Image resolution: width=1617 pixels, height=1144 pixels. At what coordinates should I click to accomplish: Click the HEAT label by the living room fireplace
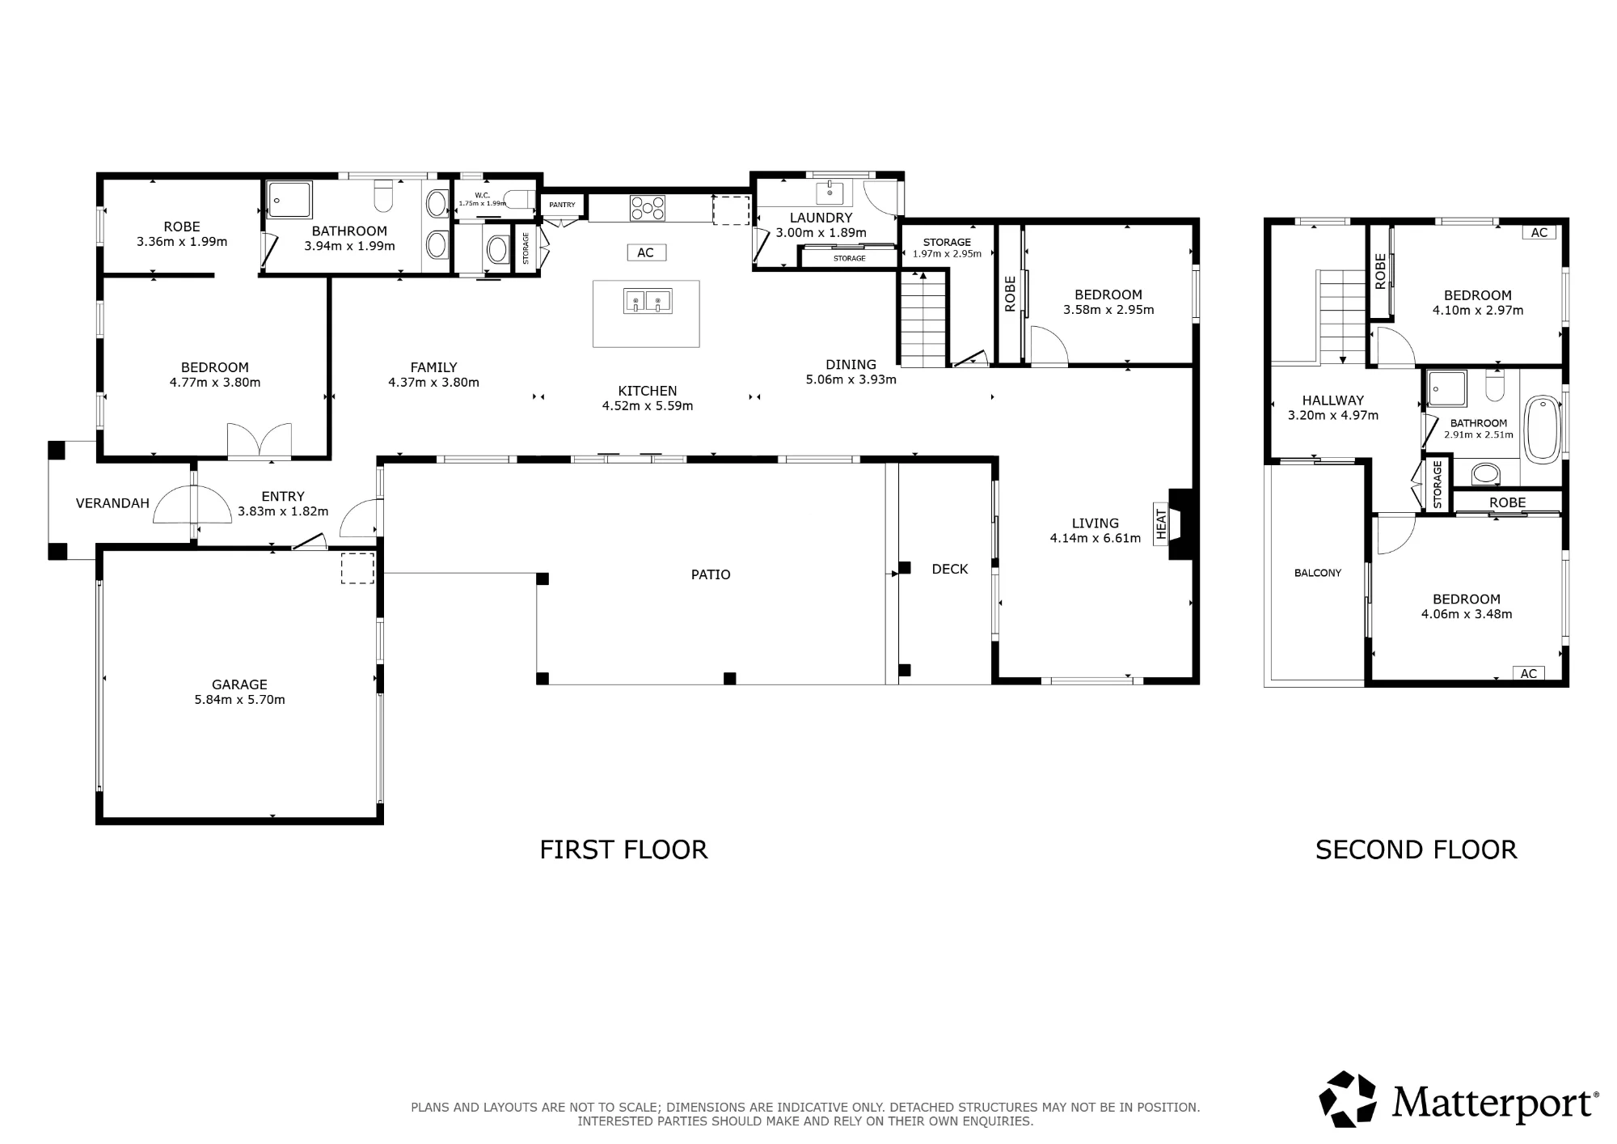[x=1162, y=523]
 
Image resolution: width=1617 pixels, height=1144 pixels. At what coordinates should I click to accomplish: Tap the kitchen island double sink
[x=648, y=301]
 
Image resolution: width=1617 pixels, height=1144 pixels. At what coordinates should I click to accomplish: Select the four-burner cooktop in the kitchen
[x=648, y=208]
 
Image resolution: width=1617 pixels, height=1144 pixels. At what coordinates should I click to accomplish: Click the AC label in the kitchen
[x=645, y=252]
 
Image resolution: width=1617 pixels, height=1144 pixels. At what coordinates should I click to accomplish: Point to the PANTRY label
[x=562, y=205]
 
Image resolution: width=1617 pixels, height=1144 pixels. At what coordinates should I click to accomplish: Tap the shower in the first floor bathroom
[x=289, y=199]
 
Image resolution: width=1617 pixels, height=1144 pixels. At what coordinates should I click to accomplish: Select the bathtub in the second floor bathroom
[x=1542, y=430]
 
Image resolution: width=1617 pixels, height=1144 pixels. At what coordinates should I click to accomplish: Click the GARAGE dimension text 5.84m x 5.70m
[x=239, y=700]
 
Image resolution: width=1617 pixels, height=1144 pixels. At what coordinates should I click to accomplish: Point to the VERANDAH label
[x=112, y=503]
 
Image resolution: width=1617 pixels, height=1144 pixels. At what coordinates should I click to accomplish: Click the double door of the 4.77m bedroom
[x=259, y=442]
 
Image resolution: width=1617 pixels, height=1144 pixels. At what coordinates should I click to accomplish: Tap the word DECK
[x=950, y=569]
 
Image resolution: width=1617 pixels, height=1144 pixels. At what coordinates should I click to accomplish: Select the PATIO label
[x=711, y=574]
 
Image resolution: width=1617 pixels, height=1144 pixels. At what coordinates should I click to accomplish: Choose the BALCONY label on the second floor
[x=1318, y=573]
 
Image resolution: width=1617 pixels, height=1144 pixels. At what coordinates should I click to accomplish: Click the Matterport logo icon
[x=1348, y=1099]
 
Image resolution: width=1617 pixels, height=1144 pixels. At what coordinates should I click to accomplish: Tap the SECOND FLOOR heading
[x=1416, y=850]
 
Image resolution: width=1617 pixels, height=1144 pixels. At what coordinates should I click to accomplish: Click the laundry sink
[x=830, y=193]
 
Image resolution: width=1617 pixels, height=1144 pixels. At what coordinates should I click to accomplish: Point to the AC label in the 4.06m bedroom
[x=1528, y=673]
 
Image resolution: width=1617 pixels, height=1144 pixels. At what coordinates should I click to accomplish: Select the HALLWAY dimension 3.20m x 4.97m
[x=1333, y=415]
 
